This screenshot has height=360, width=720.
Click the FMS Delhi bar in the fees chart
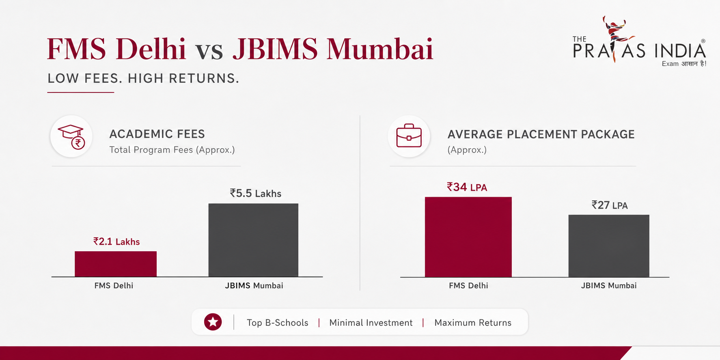click(116, 264)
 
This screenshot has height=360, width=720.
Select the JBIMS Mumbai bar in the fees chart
click(253, 240)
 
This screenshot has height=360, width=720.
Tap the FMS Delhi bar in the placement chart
click(468, 237)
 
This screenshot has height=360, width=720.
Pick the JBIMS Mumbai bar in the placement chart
click(609, 246)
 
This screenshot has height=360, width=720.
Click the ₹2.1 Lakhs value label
click(116, 241)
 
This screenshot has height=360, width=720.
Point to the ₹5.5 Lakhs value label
click(256, 193)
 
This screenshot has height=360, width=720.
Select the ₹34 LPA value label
click(467, 187)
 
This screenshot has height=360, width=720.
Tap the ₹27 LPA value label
click(610, 205)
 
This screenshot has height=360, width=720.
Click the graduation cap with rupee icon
click(71, 137)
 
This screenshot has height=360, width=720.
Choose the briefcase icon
click(409, 136)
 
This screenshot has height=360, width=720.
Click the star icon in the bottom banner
click(213, 322)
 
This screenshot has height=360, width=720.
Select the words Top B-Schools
click(278, 323)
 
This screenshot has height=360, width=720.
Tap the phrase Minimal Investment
click(371, 323)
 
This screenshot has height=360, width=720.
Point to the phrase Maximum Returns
click(473, 323)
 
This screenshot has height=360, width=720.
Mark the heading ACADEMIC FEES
click(157, 134)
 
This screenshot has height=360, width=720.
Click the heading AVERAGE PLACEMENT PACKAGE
click(541, 134)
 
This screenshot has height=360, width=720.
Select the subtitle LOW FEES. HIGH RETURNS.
click(143, 78)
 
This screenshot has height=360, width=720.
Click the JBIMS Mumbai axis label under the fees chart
click(254, 286)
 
